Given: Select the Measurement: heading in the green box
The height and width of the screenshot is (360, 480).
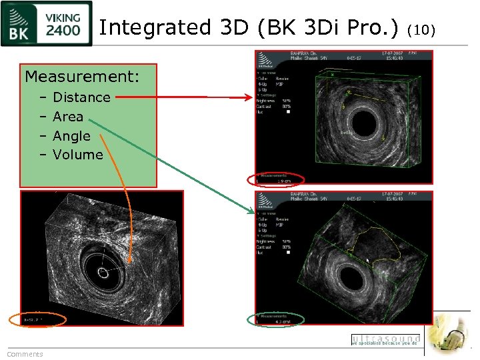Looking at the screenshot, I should pyautogui.click(x=82, y=77).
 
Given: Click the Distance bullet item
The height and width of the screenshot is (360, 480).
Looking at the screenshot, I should pyautogui.click(x=81, y=97).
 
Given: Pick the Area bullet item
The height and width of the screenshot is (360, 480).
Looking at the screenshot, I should pyautogui.click(x=68, y=117).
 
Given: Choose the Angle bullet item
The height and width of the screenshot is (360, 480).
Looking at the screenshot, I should pyautogui.click(x=71, y=136).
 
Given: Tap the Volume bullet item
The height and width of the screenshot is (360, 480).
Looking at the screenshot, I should pyautogui.click(x=78, y=155).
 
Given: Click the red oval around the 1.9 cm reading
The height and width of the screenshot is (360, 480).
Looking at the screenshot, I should pyautogui.click(x=275, y=179).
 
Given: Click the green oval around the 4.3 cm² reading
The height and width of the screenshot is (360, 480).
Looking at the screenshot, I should pyautogui.click(x=275, y=319).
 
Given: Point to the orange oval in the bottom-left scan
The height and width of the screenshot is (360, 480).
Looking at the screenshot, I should pyautogui.click(x=37, y=319).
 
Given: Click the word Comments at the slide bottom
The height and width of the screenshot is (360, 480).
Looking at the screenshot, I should pyautogui.click(x=25, y=354).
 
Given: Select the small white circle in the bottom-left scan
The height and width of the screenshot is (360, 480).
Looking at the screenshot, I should pyautogui.click(x=103, y=272).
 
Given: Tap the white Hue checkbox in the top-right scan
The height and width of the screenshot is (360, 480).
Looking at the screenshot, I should pyautogui.click(x=287, y=112).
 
